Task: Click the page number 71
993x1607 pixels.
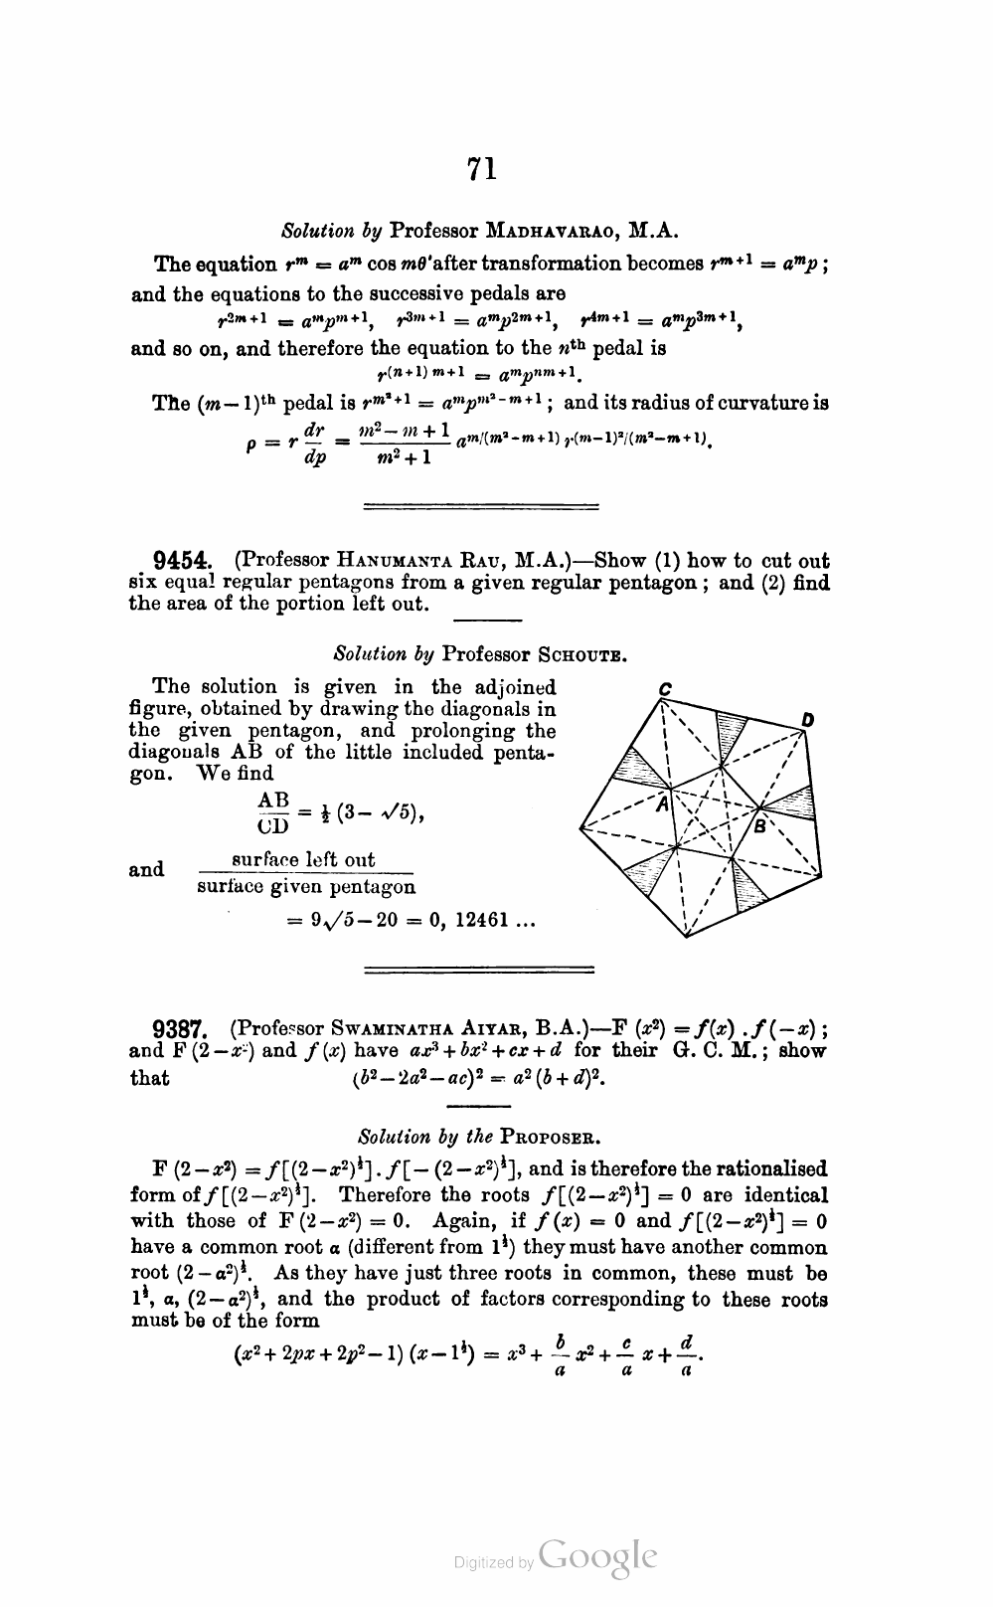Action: pos(481,169)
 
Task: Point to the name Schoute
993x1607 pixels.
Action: pos(583,654)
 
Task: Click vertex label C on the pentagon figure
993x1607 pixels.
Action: pos(665,688)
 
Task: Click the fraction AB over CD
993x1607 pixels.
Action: pos(272,812)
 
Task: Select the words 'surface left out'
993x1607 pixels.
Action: pos(302,860)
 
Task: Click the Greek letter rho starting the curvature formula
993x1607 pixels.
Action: pos(251,446)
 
